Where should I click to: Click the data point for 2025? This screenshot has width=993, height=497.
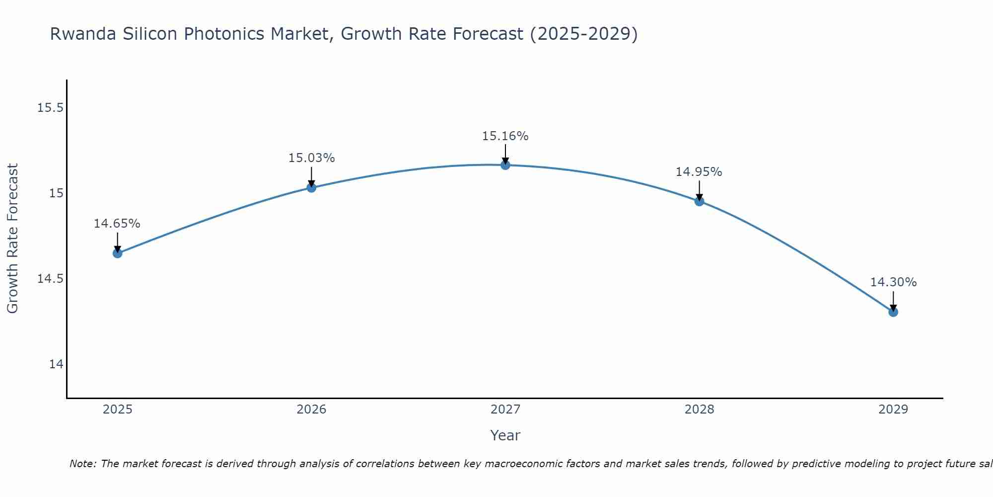coord(117,253)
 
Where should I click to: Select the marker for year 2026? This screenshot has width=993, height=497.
coord(311,187)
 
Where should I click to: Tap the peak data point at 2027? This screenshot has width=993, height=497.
coord(505,165)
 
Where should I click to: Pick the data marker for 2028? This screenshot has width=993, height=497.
coord(699,201)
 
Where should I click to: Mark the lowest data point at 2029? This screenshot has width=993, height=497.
coord(893,312)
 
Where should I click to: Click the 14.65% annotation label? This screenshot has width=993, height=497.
coord(117,224)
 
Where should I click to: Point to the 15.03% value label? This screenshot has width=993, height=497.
coord(311,158)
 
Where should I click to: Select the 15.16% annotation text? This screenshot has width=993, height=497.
coord(505,136)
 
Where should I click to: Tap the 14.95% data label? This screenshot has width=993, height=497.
coord(699,172)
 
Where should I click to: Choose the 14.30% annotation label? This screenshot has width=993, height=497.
coord(893,282)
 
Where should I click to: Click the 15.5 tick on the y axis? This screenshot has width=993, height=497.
coord(51,107)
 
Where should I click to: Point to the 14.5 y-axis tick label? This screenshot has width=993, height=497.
coord(51,279)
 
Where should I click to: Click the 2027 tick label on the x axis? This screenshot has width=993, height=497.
coord(505,410)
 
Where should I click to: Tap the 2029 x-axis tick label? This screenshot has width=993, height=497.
coord(893,410)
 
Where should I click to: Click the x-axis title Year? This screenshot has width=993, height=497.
coord(505,435)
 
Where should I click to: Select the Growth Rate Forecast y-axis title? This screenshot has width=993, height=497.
coord(12,239)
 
